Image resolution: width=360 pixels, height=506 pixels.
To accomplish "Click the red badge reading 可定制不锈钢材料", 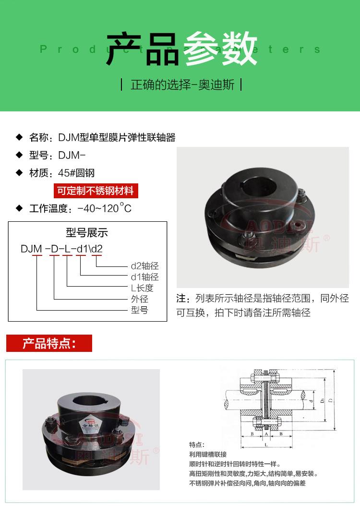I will point(96,191).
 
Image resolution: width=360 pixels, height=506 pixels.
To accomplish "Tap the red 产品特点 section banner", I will point(49,344).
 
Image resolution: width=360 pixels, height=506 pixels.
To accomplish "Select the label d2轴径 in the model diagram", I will point(144,265).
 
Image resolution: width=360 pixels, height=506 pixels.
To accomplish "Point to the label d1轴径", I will point(144,277).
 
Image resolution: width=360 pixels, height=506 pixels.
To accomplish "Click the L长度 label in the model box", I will point(142,288).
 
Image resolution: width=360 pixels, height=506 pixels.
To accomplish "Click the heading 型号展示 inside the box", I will point(87,233).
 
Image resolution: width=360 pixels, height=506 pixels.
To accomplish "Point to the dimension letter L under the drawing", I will point(265,446).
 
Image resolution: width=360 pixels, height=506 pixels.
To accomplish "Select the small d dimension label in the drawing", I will point(312,399).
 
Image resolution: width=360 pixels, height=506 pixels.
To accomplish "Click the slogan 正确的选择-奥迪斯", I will point(182,85).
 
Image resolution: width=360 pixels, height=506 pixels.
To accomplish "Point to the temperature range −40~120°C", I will point(101,208).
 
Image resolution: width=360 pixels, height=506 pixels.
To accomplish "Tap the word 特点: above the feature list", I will point(197,445).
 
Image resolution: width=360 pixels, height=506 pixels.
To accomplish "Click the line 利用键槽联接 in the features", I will point(208,454).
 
